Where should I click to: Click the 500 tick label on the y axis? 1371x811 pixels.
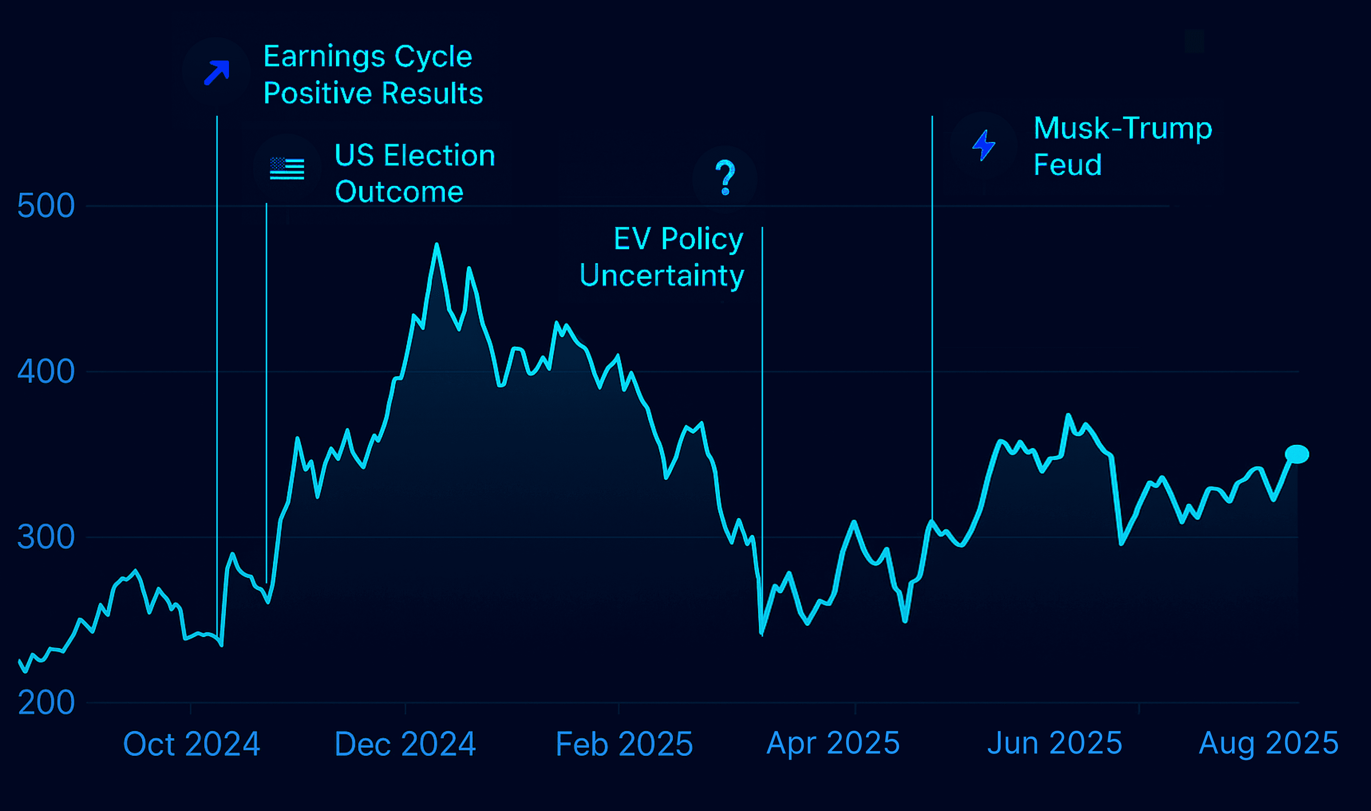[46, 206]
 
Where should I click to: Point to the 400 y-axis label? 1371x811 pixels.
[46, 372]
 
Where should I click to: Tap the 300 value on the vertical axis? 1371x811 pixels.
[46, 537]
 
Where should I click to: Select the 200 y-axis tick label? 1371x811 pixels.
[46, 703]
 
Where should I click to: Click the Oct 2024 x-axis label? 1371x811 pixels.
[192, 744]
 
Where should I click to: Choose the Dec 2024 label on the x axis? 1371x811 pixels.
[405, 744]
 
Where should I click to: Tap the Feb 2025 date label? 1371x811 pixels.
[624, 744]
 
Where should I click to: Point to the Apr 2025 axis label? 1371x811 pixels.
[833, 743]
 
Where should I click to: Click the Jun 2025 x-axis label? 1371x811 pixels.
[1054, 743]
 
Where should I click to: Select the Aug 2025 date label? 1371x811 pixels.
[1268, 743]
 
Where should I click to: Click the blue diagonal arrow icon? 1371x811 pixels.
[217, 73]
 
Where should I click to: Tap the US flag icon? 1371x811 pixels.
[287, 168]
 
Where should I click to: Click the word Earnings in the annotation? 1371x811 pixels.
[324, 57]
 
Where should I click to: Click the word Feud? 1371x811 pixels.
[1067, 164]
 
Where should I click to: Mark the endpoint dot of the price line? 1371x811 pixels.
[1296, 454]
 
